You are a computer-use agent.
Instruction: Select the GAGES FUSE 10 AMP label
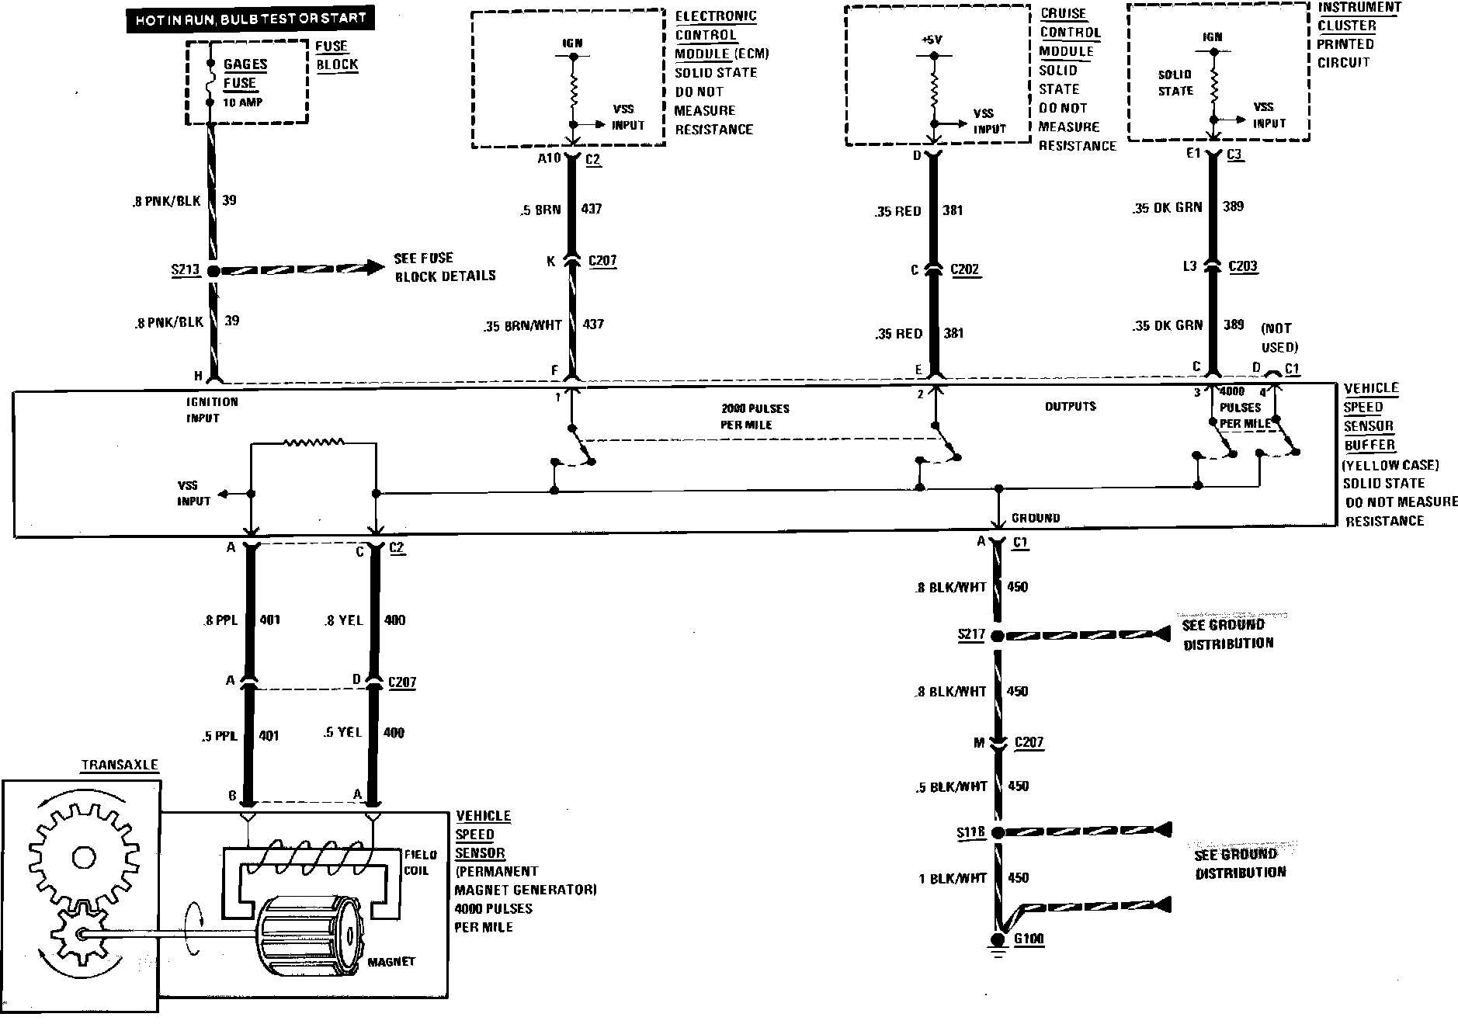pos(244,83)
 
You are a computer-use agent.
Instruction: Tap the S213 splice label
pos(186,270)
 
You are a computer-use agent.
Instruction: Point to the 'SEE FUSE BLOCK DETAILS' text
pos(444,267)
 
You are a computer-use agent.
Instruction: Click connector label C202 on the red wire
pos(964,270)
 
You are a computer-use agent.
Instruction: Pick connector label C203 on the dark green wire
pos(1242,266)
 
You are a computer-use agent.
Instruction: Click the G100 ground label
pos(1029,939)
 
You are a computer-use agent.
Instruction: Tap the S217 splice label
pos(970,635)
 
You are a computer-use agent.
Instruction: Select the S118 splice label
pos(970,833)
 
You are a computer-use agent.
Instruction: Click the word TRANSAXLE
pos(120,765)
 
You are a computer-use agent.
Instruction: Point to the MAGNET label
pos(391,961)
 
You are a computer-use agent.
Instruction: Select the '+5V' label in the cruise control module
pos(933,40)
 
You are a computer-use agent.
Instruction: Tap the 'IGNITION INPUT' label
pos(211,410)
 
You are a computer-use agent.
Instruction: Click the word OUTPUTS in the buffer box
pos(1070,406)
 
